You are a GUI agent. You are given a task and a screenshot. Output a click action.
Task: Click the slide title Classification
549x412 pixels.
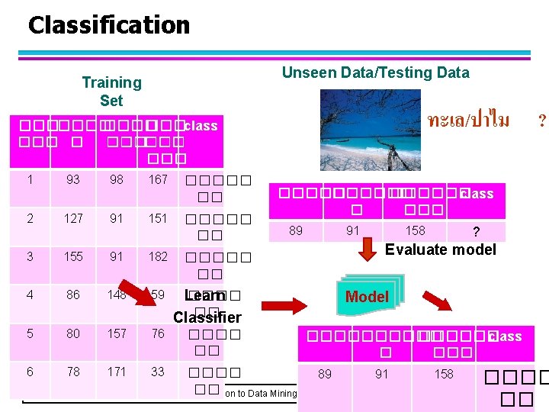108,25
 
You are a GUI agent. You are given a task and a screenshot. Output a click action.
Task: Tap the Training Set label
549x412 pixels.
111,91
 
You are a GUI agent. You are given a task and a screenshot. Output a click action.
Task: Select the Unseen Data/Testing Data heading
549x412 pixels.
375,72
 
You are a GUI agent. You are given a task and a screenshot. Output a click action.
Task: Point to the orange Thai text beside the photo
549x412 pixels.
468,120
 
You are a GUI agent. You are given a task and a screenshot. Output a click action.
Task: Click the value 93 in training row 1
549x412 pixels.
73,180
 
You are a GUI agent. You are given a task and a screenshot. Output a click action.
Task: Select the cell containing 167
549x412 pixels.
158,180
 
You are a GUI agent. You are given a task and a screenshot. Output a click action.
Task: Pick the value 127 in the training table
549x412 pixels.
73,218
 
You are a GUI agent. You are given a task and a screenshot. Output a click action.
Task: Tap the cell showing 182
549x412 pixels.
158,256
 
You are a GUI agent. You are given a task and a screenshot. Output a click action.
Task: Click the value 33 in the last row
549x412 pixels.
158,372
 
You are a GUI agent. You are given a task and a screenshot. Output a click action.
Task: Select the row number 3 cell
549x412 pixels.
30,256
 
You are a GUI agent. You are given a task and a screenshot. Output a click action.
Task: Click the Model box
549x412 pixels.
367,296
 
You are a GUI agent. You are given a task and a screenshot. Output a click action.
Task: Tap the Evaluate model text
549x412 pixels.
440,249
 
